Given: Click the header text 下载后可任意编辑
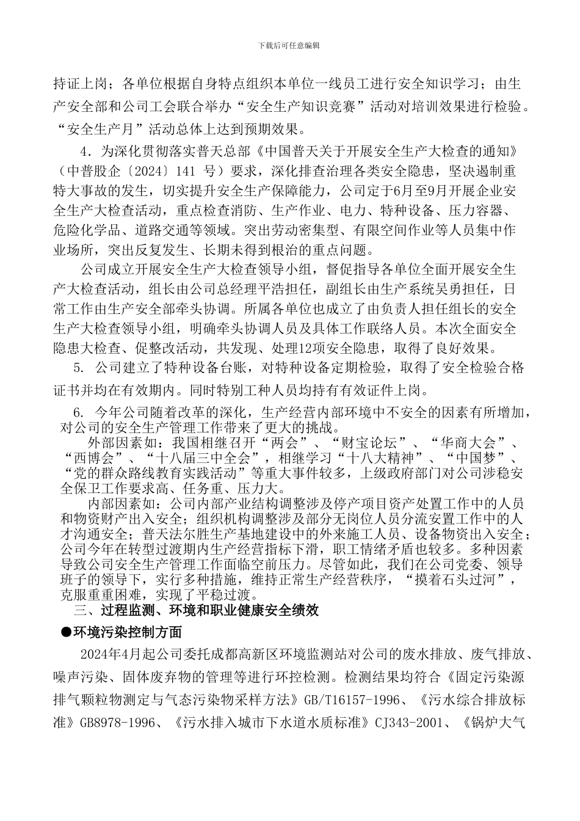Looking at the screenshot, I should pos(289,45).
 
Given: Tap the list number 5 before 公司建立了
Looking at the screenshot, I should pos(78,368).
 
